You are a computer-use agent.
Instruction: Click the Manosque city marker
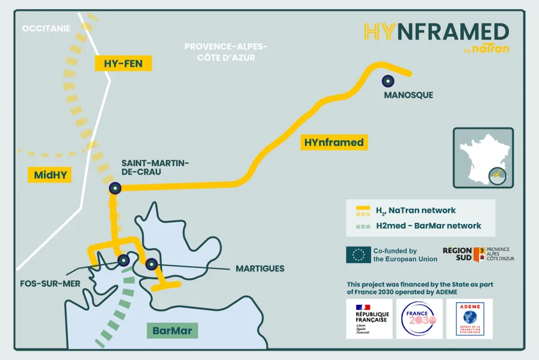click(389, 81)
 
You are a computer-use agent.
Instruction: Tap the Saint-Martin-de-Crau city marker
click(114, 188)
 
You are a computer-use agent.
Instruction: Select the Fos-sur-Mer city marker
click(123, 260)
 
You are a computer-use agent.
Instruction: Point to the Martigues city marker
click(151, 263)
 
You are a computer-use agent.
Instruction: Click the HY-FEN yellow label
click(123, 63)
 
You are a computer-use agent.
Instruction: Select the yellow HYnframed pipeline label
click(334, 143)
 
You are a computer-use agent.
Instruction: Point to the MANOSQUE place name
click(408, 95)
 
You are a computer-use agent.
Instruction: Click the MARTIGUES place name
click(260, 268)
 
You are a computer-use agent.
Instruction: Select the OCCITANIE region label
click(46, 28)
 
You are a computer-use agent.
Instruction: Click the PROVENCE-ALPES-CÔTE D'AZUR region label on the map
click(226, 52)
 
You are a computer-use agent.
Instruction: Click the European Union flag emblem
click(358, 255)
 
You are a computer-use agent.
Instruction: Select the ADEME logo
click(469, 318)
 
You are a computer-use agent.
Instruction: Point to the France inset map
click(482, 158)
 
